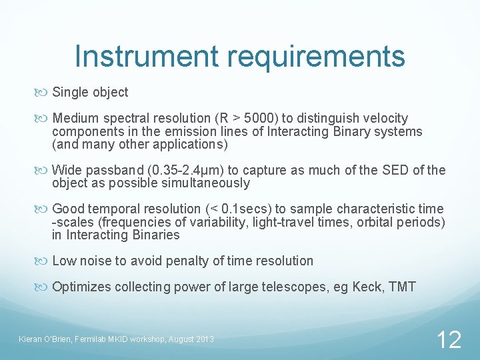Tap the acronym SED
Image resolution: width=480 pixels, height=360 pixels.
[397, 170]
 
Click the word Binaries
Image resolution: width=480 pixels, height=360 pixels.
[155, 235]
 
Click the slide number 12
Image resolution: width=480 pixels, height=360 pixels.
[449, 340]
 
